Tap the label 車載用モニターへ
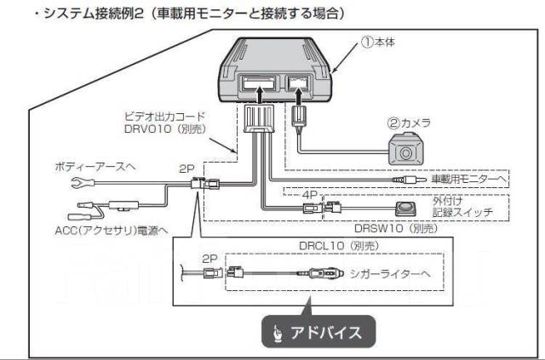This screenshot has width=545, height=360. [x=468, y=180]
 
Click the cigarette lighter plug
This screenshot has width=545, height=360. [x=316, y=274]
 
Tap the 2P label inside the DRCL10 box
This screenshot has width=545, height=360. [x=209, y=257]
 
